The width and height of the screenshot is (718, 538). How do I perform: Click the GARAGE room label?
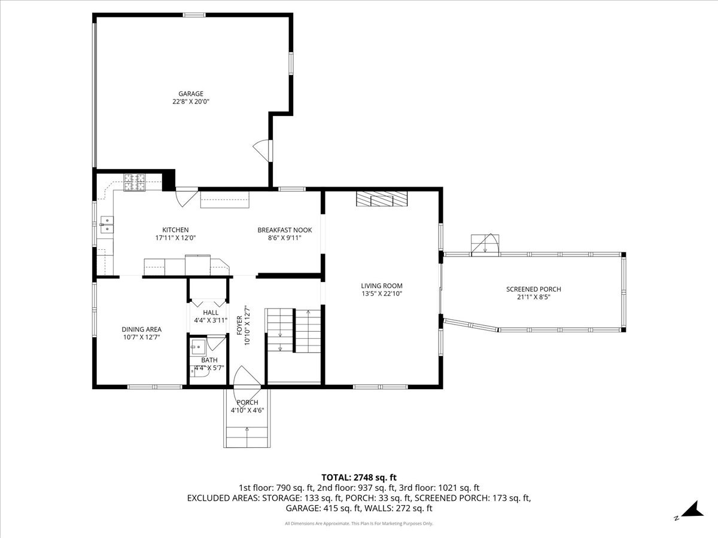191,94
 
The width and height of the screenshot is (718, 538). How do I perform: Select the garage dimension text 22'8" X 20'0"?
191,102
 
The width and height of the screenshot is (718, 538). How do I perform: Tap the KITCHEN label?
175,230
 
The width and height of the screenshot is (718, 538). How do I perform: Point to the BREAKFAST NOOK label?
285,230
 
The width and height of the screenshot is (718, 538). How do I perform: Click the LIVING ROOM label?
382,286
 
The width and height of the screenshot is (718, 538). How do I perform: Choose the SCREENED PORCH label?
534,289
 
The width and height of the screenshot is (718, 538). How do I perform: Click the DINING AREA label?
142,329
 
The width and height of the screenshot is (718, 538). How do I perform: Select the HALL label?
211,313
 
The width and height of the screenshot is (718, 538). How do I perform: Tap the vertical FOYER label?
239,325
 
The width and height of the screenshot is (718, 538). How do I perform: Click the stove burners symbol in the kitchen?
135,182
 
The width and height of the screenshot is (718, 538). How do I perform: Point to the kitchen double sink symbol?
107,225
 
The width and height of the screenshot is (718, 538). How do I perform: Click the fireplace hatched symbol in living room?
382,198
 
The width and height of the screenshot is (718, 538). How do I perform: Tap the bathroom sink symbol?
197,347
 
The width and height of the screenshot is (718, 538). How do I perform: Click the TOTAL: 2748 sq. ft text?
359,478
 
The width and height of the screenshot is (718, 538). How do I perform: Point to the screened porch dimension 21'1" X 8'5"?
534,297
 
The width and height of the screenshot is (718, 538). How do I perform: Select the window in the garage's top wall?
194,15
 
